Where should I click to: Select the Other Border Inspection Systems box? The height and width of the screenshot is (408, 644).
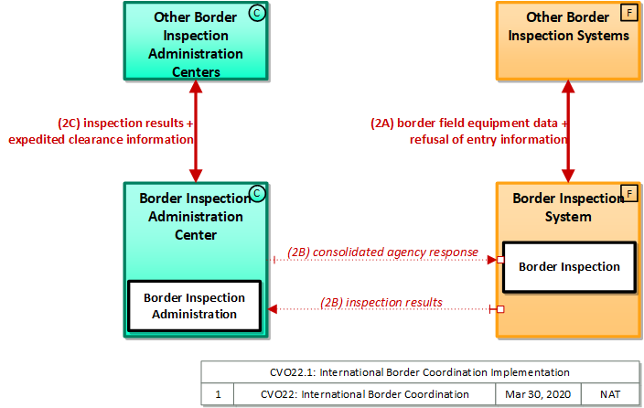[x=568, y=41]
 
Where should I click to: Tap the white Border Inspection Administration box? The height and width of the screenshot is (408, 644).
[x=194, y=306]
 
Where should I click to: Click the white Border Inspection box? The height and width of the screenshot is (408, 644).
[x=569, y=267]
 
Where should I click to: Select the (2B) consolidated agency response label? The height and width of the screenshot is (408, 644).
[x=382, y=252]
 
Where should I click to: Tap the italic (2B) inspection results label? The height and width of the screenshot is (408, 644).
[x=381, y=302]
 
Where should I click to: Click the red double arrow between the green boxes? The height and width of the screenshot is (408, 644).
[x=196, y=131]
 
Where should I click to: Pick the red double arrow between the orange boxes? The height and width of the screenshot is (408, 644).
[x=569, y=131]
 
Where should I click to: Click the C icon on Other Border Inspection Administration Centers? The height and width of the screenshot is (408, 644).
[x=257, y=13]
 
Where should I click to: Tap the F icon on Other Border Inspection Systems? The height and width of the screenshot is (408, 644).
[x=628, y=13]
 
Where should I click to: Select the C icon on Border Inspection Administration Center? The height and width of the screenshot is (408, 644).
[x=257, y=193]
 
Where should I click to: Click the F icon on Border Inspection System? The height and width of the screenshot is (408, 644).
[x=628, y=193]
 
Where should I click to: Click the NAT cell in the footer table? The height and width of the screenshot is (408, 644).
[x=610, y=394]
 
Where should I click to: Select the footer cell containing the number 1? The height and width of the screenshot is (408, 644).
[x=218, y=394]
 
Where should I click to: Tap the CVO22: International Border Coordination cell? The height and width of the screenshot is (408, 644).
[x=364, y=394]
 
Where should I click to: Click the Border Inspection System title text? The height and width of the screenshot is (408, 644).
[x=557, y=208]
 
